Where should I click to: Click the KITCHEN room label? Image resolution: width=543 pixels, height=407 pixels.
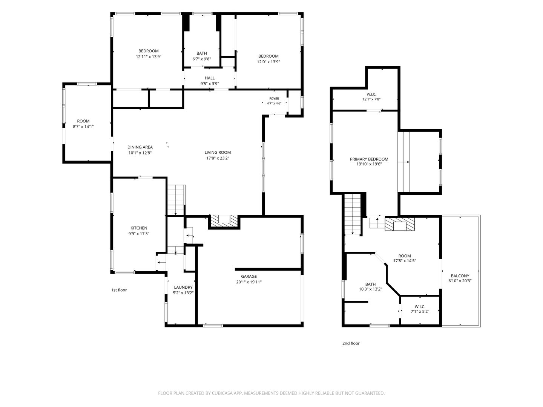(x=139, y=228)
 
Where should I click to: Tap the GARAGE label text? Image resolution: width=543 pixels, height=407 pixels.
(x=249, y=276)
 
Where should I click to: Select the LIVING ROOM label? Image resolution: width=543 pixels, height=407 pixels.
(x=218, y=153)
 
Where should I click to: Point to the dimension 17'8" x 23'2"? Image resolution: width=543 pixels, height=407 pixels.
(x=218, y=158)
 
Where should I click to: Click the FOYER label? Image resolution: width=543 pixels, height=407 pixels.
(x=274, y=99)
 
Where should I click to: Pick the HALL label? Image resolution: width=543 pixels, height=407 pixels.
(x=210, y=78)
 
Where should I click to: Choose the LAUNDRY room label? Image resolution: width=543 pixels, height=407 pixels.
(x=183, y=287)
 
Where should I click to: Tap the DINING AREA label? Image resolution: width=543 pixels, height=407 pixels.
(x=140, y=147)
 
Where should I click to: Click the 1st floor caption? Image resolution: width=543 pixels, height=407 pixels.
(x=119, y=290)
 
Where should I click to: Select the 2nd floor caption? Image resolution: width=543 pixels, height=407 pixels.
(x=351, y=343)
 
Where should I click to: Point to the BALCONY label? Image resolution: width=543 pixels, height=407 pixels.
(x=460, y=276)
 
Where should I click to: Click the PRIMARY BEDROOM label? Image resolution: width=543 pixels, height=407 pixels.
(x=369, y=159)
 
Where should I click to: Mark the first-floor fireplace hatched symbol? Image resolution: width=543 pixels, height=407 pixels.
(x=224, y=221)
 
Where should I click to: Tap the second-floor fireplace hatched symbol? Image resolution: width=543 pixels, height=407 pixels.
(x=400, y=224)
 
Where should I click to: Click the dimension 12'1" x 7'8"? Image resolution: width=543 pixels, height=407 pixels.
(x=371, y=99)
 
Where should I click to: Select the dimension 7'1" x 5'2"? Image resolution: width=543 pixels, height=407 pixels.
(x=420, y=312)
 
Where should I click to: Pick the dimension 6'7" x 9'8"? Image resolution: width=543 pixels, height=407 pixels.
(x=202, y=59)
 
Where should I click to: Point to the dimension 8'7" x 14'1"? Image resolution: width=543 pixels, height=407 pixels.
(x=83, y=127)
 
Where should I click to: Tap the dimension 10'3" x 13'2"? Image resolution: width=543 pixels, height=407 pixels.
(x=370, y=289)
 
